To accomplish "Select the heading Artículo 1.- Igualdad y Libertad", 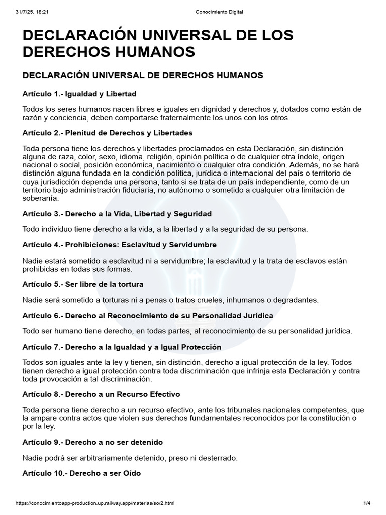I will point(79,94).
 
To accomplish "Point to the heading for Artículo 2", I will point(108,133).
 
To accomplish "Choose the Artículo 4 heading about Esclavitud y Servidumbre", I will point(120,245).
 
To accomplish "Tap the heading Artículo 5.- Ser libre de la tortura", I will point(83,284).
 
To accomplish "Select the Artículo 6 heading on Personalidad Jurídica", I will point(148,316).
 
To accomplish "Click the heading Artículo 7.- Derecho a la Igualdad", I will point(122,347).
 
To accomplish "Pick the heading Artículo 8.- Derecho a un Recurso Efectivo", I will point(101,394).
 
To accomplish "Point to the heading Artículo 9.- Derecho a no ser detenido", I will point(92,442).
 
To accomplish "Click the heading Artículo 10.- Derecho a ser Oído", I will point(81,473).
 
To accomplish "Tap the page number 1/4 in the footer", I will point(367,503).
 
